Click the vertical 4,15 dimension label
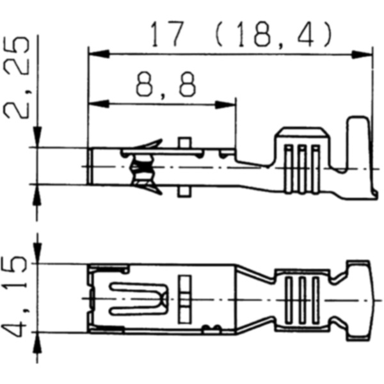[x=17, y=298]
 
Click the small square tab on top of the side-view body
[x=184, y=143]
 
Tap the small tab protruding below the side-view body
[x=184, y=190]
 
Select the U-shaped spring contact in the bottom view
[x=138, y=298]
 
